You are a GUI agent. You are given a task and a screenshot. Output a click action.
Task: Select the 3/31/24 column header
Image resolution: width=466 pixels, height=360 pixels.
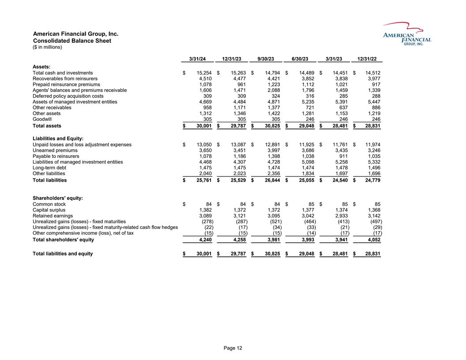198,59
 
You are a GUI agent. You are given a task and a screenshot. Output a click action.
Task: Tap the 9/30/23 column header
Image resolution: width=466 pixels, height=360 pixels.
266,59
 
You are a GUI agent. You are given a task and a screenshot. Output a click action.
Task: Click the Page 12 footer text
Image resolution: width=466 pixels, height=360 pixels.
233,348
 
